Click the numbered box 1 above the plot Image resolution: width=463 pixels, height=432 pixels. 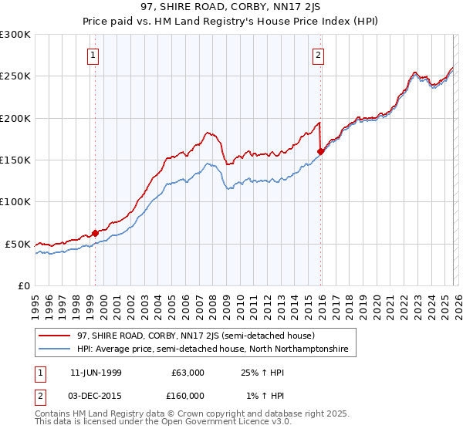93,55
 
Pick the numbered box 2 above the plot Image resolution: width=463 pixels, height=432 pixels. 318,55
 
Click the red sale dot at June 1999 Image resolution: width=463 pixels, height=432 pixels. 96,233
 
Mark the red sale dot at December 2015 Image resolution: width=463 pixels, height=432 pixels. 320,151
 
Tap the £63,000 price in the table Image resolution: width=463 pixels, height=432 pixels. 184,373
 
